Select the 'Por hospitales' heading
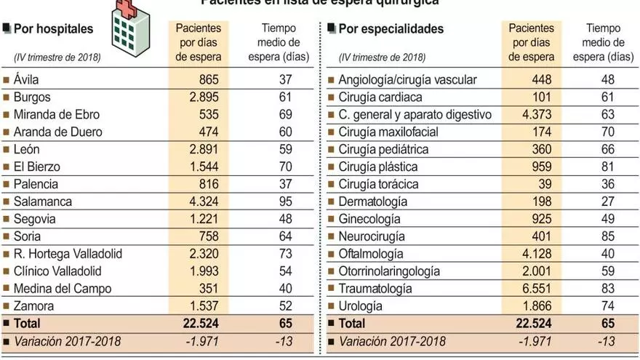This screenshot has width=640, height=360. [x=53, y=30]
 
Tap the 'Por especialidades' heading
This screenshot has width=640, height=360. [x=391, y=30]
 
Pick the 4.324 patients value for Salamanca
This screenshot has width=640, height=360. [x=201, y=201]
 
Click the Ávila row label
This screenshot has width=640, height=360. [x=28, y=79]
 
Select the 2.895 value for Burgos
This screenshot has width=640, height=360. [x=201, y=97]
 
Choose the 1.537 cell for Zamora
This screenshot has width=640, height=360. [x=201, y=306]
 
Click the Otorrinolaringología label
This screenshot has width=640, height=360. [x=389, y=271]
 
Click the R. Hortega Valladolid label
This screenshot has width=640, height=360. [x=68, y=254]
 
